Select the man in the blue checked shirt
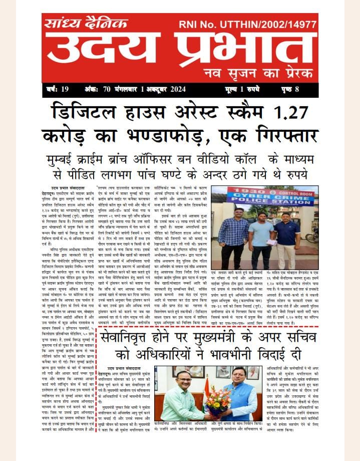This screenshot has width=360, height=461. (x=234, y=236)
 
